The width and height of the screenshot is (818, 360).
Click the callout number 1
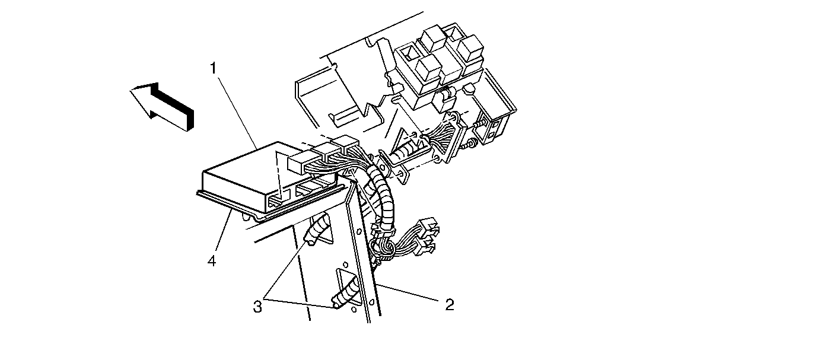coord(214,68)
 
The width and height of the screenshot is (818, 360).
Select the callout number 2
coord(449,305)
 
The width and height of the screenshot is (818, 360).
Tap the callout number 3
coord(257,307)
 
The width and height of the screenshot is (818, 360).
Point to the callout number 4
coord(212,261)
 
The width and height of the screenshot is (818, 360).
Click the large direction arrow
coord(162,106)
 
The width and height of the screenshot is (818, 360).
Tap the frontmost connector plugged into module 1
coord(301,163)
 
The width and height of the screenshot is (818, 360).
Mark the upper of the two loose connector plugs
coord(429,226)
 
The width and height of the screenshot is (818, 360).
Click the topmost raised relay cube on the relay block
coord(434,39)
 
